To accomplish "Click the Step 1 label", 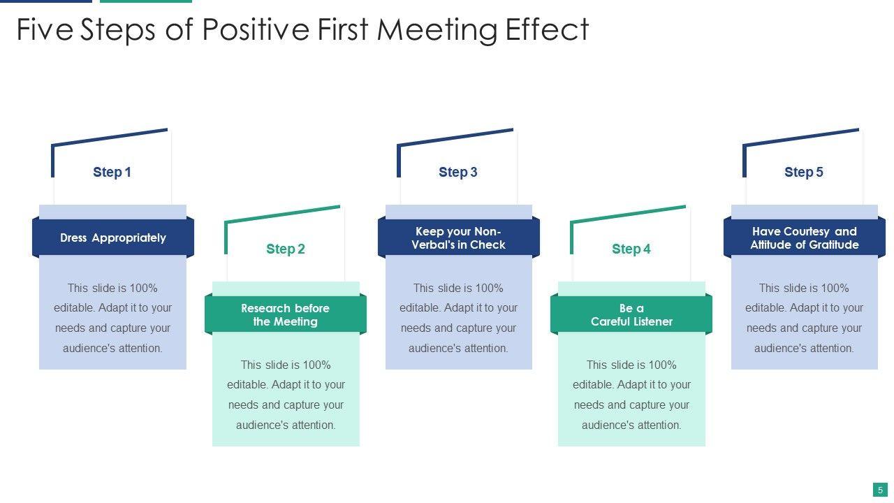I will (112, 172).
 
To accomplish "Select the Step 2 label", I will (285, 249).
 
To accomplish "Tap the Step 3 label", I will (457, 172).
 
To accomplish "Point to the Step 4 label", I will (631, 249).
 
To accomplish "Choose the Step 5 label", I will (803, 172).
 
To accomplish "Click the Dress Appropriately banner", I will (112, 238).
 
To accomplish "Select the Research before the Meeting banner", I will (285, 314).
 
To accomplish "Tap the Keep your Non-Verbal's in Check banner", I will (458, 238).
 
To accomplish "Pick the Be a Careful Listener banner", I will (631, 314).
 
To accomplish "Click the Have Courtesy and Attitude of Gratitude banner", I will (804, 238).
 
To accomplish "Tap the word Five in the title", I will (45, 30).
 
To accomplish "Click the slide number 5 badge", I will (880, 490).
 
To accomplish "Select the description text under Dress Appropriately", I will (112, 318).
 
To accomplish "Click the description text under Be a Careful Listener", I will (631, 395).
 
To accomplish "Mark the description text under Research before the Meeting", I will (286, 395).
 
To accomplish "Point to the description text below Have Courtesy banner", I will (804, 318).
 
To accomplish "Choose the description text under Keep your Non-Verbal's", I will (458, 318).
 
